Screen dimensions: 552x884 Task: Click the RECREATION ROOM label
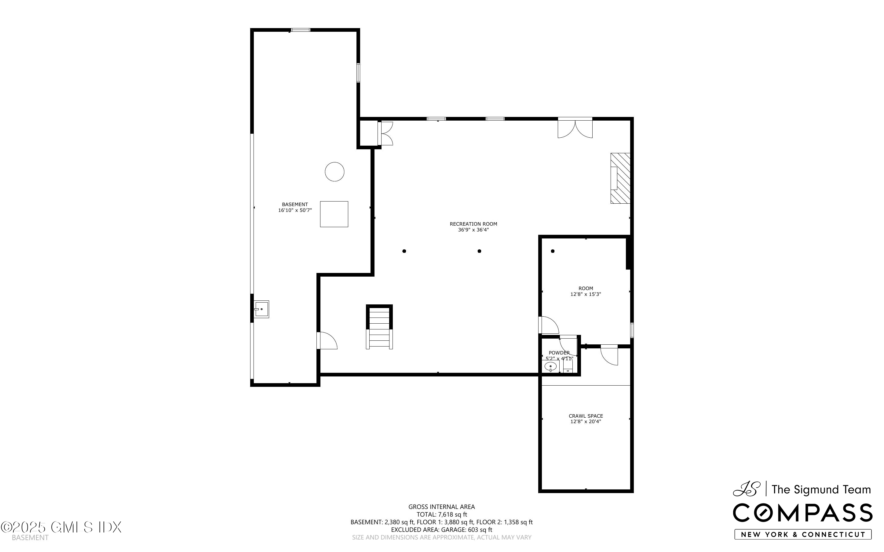(473, 224)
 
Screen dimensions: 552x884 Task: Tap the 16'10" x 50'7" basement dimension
(295, 210)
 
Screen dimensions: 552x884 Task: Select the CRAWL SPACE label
(586, 416)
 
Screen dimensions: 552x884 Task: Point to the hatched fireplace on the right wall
(620, 178)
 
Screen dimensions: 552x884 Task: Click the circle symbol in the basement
(334, 172)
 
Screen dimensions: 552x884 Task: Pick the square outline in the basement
(334, 214)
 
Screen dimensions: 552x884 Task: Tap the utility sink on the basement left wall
(261, 309)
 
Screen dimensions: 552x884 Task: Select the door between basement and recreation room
(327, 341)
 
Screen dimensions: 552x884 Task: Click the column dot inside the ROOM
(553, 251)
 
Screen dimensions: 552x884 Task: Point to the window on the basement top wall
(301, 30)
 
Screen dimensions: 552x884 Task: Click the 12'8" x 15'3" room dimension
(586, 294)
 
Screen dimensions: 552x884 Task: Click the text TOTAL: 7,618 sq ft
(441, 514)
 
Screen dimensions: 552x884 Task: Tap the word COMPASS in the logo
(802, 513)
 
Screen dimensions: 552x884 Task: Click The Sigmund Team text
(821, 490)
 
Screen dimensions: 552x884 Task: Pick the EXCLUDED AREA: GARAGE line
(441, 530)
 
